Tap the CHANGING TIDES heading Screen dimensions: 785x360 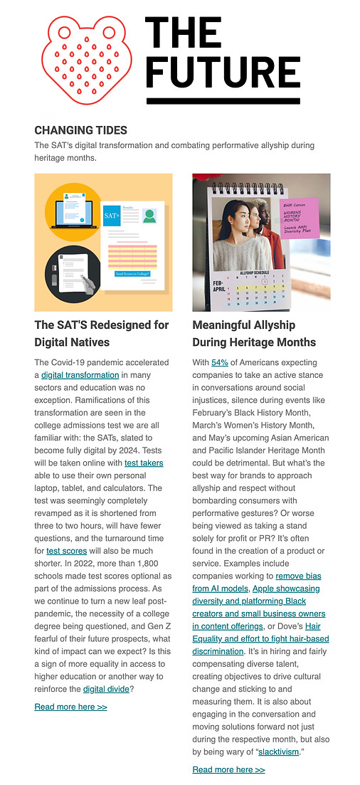point(80,130)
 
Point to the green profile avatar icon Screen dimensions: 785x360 point(149,215)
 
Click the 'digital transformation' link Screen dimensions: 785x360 point(80,375)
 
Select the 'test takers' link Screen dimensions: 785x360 point(144,463)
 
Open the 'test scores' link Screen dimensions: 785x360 point(67,550)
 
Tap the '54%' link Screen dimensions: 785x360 point(219,362)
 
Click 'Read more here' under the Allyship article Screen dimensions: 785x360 point(228,769)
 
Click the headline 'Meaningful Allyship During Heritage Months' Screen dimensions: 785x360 point(254,333)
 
